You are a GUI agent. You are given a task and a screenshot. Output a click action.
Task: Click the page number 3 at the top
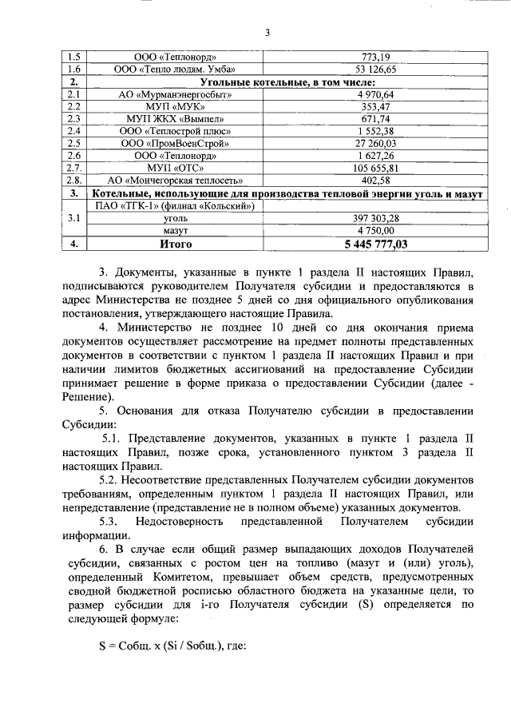tap(268, 33)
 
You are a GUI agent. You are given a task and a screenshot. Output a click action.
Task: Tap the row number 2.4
tap(73, 131)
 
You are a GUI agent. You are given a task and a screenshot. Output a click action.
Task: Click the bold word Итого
tap(176, 244)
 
